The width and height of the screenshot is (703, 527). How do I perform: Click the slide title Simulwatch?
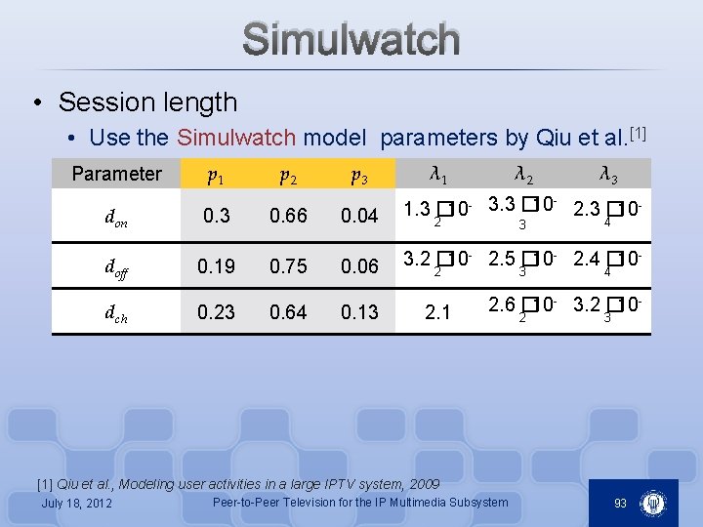(x=351, y=40)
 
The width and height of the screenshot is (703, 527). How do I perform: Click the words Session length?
(x=147, y=101)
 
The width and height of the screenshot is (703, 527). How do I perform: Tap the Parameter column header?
(x=116, y=174)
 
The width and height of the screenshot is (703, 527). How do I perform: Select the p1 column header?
(x=216, y=176)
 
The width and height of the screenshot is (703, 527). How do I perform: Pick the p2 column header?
(x=288, y=176)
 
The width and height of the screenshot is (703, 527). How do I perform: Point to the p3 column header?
(x=359, y=176)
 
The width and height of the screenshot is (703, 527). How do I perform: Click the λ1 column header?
(x=439, y=175)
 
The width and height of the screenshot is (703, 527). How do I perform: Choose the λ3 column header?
(x=607, y=175)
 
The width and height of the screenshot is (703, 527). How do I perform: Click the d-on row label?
(x=115, y=219)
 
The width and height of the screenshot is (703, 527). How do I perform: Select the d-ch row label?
(x=116, y=313)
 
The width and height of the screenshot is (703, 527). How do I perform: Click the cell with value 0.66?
(x=288, y=216)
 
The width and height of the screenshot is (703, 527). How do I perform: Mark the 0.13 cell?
(x=359, y=312)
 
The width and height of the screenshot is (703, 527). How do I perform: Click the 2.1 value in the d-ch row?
(x=439, y=312)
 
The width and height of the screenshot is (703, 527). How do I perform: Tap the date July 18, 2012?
(x=77, y=504)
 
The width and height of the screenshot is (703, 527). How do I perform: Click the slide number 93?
(x=620, y=504)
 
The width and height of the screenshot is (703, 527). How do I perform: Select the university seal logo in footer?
(x=652, y=504)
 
